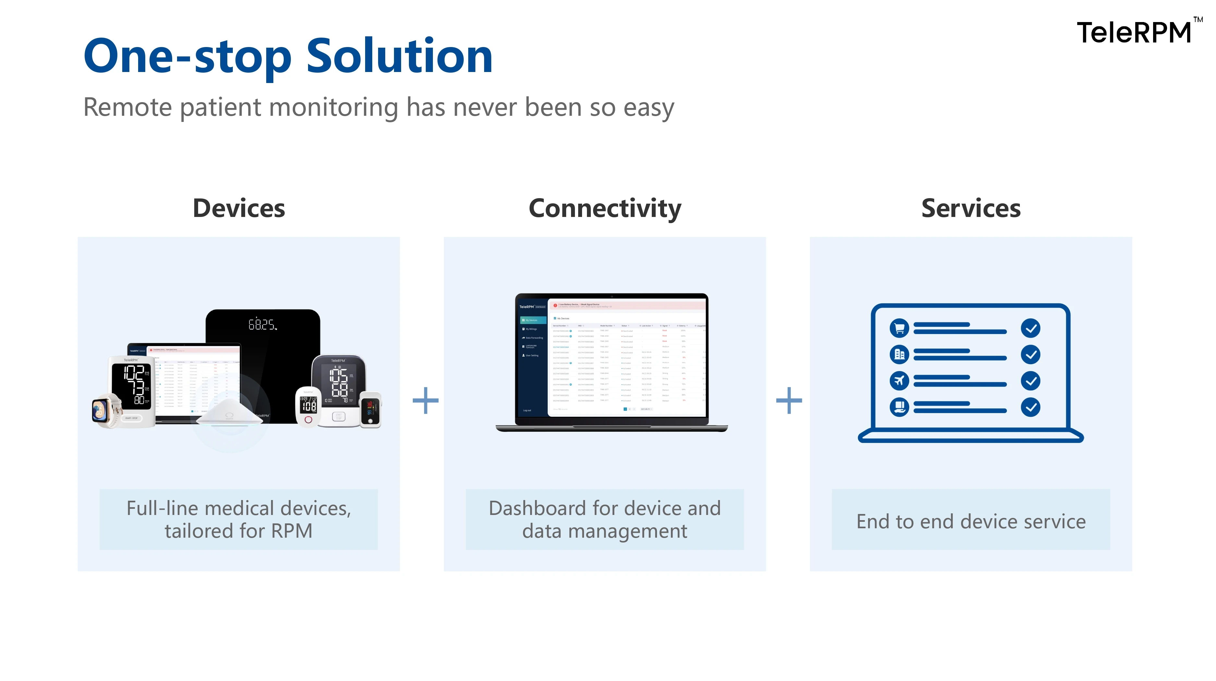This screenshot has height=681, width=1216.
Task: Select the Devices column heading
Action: pos(239,208)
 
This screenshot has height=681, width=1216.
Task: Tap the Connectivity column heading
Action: pos(605,208)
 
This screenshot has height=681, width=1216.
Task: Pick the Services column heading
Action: pos(971,208)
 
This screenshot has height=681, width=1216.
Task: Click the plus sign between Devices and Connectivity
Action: pos(425,400)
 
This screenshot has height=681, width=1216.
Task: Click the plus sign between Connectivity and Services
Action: pos(789,400)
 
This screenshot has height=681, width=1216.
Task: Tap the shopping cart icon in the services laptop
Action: pos(899,328)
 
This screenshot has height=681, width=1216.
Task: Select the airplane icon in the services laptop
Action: pos(899,380)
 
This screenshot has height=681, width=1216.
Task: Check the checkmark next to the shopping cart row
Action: pos(1031,328)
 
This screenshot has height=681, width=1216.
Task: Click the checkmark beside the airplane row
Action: pos(1031,380)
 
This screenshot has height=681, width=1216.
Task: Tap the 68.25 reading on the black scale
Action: pos(262,325)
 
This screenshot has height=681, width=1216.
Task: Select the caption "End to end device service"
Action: pos(971,521)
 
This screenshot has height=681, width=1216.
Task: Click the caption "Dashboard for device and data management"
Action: pos(605,520)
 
